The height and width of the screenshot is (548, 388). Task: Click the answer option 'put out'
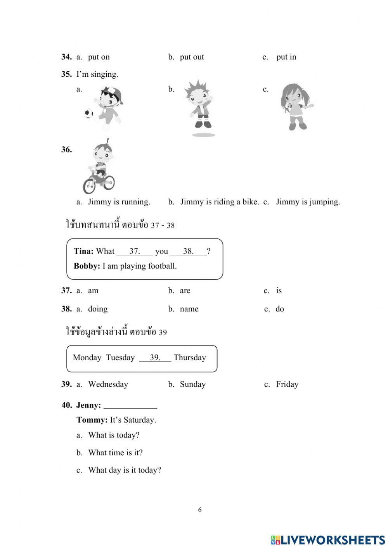click(192, 57)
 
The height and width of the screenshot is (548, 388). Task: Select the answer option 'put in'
click(286, 57)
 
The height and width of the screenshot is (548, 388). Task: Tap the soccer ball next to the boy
click(89, 113)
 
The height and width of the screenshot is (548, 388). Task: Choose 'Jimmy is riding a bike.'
click(219, 202)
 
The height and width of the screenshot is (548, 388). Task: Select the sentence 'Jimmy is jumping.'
click(308, 202)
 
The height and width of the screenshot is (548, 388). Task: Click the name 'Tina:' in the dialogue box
click(83, 251)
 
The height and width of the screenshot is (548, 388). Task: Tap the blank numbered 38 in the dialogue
click(189, 251)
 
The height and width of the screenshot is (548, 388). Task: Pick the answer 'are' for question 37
click(185, 290)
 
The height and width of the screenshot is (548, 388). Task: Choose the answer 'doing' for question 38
click(97, 309)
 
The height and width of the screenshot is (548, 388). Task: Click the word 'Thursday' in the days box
click(190, 357)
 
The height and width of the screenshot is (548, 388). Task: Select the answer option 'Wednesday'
click(108, 384)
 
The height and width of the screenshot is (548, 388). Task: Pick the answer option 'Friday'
click(287, 384)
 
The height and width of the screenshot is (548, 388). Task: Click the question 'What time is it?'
click(115, 453)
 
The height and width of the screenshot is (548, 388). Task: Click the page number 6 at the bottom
click(200, 510)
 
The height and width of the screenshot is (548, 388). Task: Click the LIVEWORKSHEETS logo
click(328, 540)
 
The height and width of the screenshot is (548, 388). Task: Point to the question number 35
click(66, 74)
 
